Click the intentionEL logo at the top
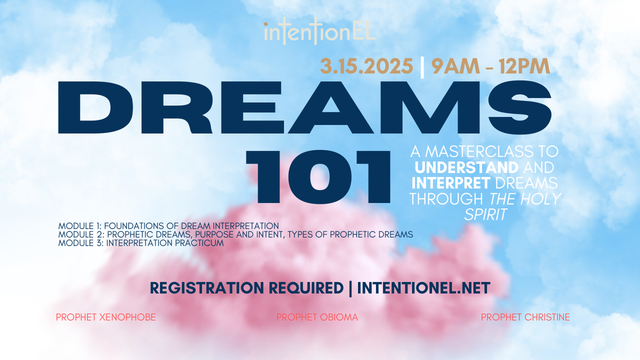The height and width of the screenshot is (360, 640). coord(320,32)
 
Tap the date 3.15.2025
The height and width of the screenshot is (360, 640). coord(367,66)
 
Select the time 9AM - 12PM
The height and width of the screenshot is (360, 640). coord(490,66)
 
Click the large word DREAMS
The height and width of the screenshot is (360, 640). coord(305,109)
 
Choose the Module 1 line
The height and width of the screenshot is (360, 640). coord(168,225)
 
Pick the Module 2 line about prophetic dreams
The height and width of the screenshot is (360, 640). coord(235,234)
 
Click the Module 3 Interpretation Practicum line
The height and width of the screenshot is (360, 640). coord(140,243)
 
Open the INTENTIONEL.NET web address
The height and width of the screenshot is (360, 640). coord(423,288)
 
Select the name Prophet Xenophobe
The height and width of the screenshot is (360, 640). coord(106,317)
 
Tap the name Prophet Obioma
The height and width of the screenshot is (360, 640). coord(317,317)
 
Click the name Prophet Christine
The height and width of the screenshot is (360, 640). coord(525,317)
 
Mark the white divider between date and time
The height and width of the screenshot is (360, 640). coord(422,66)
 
